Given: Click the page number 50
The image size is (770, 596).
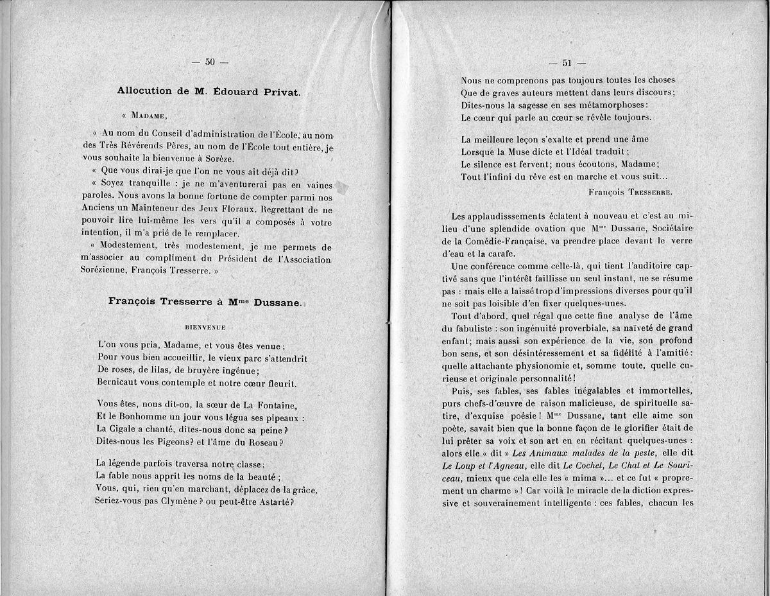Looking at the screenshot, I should point(210,62).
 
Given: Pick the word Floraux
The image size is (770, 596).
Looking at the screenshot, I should point(241,209).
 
